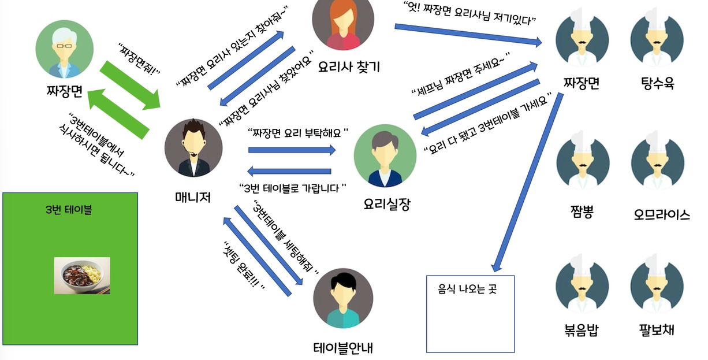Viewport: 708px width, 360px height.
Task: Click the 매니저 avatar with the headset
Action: pos(193,149)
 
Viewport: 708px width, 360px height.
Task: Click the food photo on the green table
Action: pos(82,276)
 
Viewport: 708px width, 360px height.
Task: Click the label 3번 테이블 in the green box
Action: pos(69,210)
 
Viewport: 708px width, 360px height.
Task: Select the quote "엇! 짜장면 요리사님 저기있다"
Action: pos(470,13)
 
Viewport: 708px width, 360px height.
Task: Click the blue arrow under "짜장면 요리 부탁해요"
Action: pos(292,150)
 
